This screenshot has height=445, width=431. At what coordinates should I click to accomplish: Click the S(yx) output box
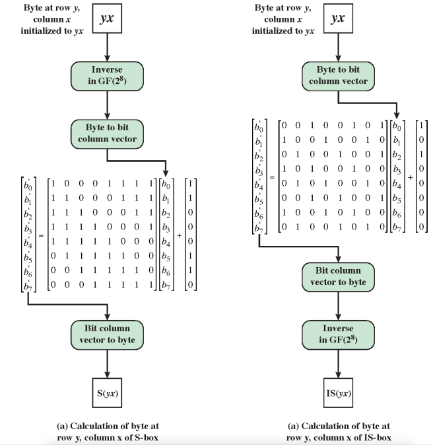pyautogui.click(x=107, y=393)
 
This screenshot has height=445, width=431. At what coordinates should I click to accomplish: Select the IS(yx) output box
pyautogui.click(x=338, y=393)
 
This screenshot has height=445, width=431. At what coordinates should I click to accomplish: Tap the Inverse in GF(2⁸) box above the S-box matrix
pyautogui.click(x=107, y=76)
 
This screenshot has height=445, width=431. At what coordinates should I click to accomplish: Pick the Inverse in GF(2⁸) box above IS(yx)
pyautogui.click(x=338, y=335)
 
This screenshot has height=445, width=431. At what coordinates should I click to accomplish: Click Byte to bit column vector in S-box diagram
pyautogui.click(x=107, y=134)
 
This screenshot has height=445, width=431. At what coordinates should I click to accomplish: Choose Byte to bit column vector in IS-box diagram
pyautogui.click(x=338, y=76)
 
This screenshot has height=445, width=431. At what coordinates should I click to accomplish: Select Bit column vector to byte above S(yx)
pyautogui.click(x=107, y=335)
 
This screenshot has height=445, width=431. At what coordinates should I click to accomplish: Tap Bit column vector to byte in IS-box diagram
pyautogui.click(x=338, y=277)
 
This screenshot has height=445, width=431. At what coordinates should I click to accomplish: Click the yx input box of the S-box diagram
pyautogui.click(x=107, y=19)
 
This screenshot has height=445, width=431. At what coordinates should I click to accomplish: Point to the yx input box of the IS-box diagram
pyautogui.click(x=338, y=19)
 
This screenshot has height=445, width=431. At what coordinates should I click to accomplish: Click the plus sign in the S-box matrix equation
pyautogui.click(x=179, y=235)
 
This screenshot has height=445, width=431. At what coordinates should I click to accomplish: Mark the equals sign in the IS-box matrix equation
pyautogui.click(x=272, y=177)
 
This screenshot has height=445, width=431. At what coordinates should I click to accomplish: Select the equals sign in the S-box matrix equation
pyautogui.click(x=41, y=235)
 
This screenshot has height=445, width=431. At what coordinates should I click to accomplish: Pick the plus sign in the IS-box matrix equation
pyautogui.click(x=410, y=177)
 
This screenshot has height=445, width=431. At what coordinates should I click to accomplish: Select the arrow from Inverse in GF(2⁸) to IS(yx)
pyautogui.click(x=338, y=364)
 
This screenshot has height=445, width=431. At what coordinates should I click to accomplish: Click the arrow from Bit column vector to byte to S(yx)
pyautogui.click(x=107, y=364)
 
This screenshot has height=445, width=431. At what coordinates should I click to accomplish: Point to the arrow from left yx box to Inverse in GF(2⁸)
pyautogui.click(x=107, y=48)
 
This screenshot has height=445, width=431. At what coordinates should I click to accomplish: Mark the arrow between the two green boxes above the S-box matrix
pyautogui.click(x=107, y=105)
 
